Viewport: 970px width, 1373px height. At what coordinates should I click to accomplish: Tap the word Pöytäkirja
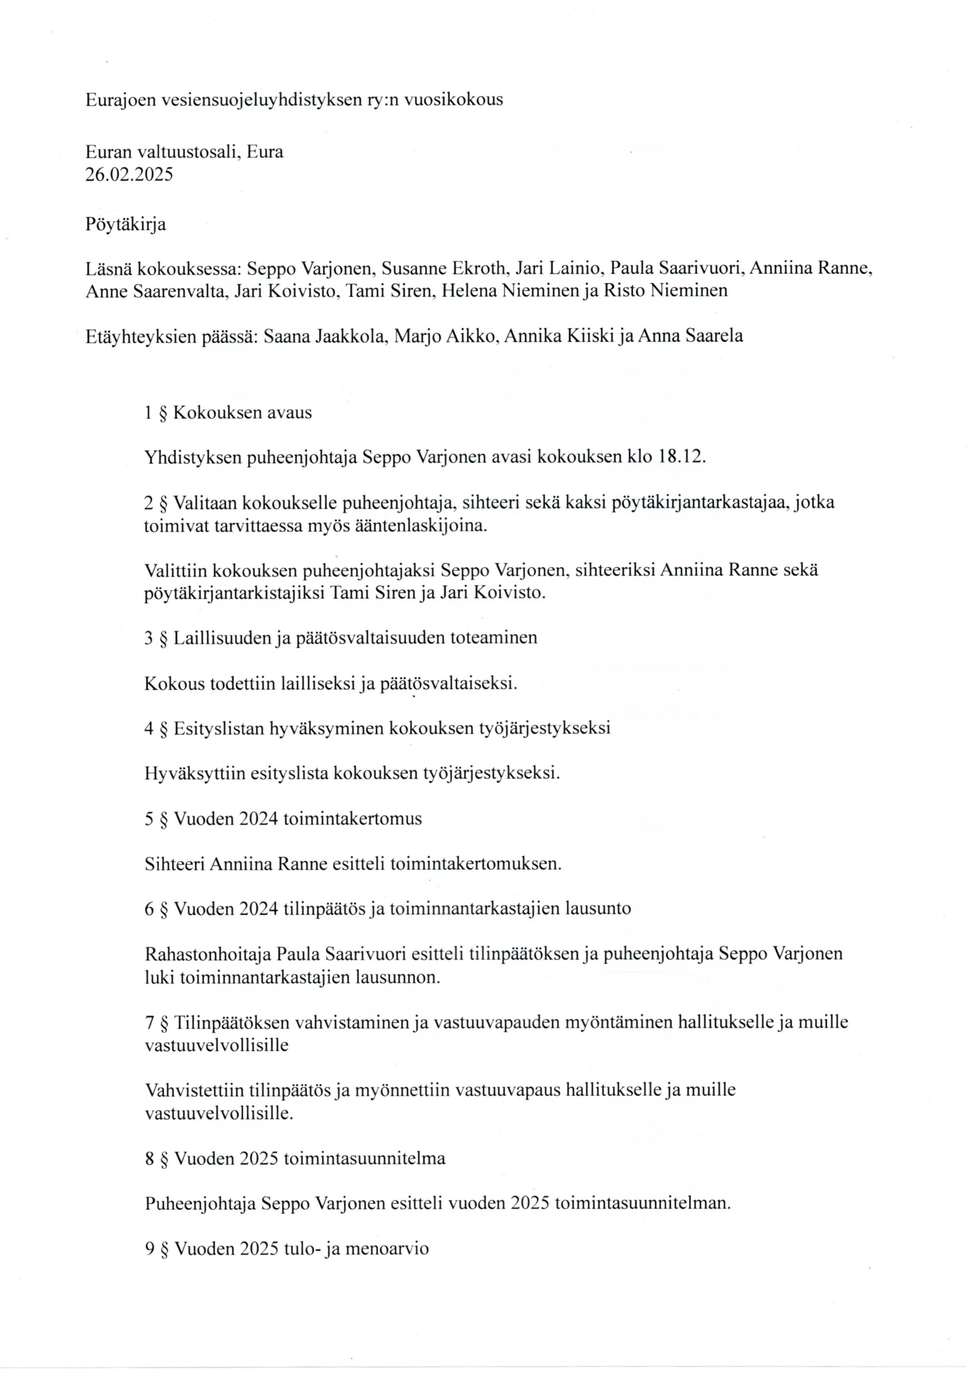(x=126, y=224)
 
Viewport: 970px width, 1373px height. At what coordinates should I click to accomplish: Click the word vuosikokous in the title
(x=453, y=99)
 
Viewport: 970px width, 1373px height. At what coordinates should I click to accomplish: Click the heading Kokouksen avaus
(x=242, y=413)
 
